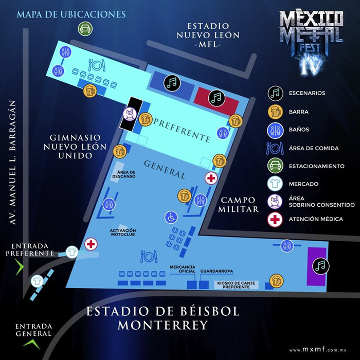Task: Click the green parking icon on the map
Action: coord(85,29)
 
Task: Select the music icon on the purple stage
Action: coord(321,265)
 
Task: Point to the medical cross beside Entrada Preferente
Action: coord(91,244)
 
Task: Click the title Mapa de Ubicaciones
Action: coord(71,14)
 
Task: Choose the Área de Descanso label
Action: coord(126,174)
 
